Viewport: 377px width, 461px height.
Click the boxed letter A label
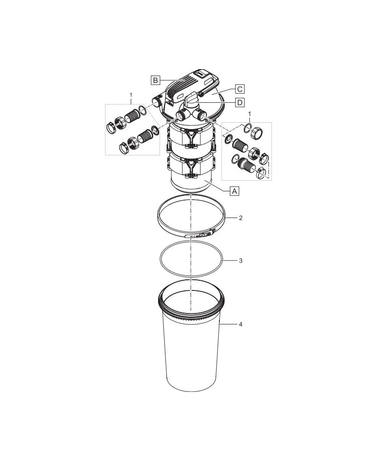pyautogui.click(x=235, y=191)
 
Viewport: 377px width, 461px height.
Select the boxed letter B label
pyautogui.click(x=155, y=80)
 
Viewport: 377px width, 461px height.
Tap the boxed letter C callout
pyautogui.click(x=240, y=89)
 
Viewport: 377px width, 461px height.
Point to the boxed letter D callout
pyautogui.click(x=240, y=102)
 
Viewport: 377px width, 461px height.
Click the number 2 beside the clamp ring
pyautogui.click(x=241, y=218)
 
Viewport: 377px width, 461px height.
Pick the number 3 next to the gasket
pyautogui.click(x=241, y=260)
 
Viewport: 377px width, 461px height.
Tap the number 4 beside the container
pyautogui.click(x=241, y=324)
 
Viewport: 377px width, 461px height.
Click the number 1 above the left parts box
pyautogui.click(x=131, y=95)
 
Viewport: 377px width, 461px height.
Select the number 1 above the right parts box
pyautogui.click(x=250, y=113)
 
